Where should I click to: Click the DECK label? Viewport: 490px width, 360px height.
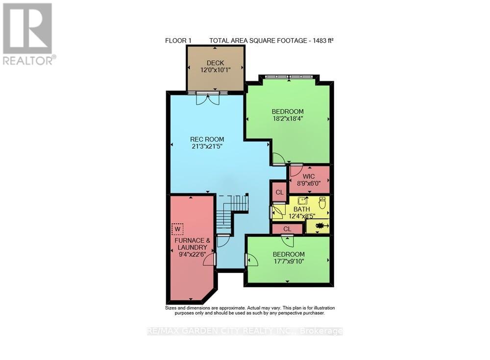(215, 63)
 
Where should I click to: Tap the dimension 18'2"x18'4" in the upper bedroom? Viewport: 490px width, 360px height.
(288, 118)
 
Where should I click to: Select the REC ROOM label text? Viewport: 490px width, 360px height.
(207, 140)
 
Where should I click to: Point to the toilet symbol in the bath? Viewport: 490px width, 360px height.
(322, 202)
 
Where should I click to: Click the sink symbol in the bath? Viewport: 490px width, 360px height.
(304, 201)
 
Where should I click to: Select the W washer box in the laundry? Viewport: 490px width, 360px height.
(177, 228)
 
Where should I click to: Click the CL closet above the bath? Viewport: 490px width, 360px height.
(279, 192)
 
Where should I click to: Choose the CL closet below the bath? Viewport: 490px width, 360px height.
(287, 229)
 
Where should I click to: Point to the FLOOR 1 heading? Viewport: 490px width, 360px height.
(175, 41)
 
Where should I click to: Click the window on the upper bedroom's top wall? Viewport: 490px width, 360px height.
(289, 77)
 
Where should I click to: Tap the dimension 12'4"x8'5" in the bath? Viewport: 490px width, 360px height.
(301, 216)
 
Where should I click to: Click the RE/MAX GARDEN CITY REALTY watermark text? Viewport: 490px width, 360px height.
(245, 331)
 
